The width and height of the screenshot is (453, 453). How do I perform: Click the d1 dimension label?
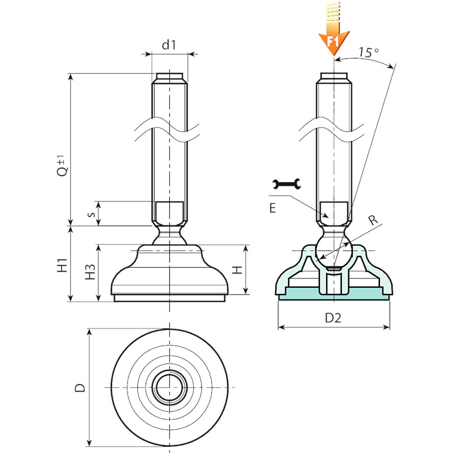(169, 45)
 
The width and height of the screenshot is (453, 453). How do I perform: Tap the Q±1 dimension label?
(62, 165)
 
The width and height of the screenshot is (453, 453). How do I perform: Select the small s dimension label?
(91, 215)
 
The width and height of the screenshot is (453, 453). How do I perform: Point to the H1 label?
(62, 265)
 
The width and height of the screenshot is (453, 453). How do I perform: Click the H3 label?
(90, 272)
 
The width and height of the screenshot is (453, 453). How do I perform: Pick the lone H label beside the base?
(237, 270)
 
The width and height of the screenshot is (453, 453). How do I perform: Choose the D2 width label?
(333, 318)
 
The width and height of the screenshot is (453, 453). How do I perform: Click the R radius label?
(373, 220)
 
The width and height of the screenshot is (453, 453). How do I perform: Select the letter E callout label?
(272, 208)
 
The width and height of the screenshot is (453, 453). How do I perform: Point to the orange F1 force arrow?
(334, 29)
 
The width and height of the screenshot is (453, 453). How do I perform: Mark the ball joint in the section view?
(333, 249)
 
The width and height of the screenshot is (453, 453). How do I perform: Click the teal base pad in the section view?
(334, 294)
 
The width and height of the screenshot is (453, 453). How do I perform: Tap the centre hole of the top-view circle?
(169, 387)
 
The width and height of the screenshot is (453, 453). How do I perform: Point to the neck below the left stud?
(169, 234)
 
